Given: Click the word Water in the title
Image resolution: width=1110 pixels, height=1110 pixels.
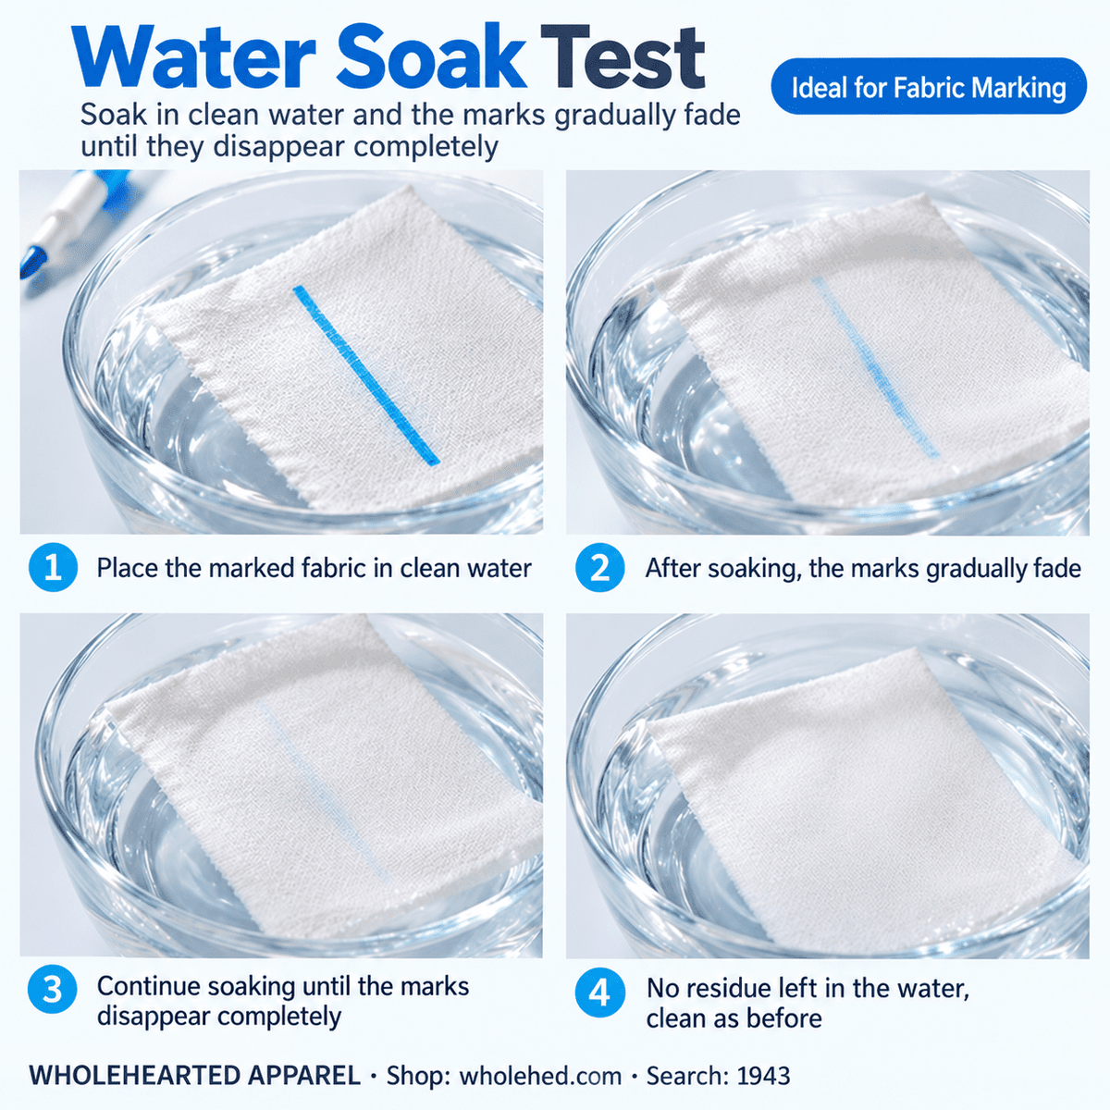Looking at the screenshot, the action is (x=194, y=58).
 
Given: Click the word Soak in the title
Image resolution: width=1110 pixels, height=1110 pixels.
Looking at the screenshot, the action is (x=431, y=58).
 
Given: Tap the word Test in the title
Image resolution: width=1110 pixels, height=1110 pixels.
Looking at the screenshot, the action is (x=623, y=58).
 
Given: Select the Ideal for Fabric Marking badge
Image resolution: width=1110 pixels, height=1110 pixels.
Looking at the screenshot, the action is (x=929, y=86).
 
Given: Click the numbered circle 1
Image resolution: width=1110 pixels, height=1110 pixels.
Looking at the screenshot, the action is (x=53, y=567).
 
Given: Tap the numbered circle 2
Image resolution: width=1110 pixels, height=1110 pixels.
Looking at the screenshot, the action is (x=599, y=567).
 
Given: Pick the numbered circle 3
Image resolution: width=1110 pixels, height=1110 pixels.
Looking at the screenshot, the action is (x=53, y=989).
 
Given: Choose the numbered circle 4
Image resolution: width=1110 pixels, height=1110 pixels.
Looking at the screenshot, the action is (x=599, y=992).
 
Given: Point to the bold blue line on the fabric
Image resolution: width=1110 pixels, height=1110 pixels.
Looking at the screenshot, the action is (x=367, y=375).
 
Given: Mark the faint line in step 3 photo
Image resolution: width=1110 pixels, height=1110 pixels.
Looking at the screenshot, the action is (x=325, y=794).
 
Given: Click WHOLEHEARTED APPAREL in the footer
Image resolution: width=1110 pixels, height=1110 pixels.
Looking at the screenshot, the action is (x=195, y=1075).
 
